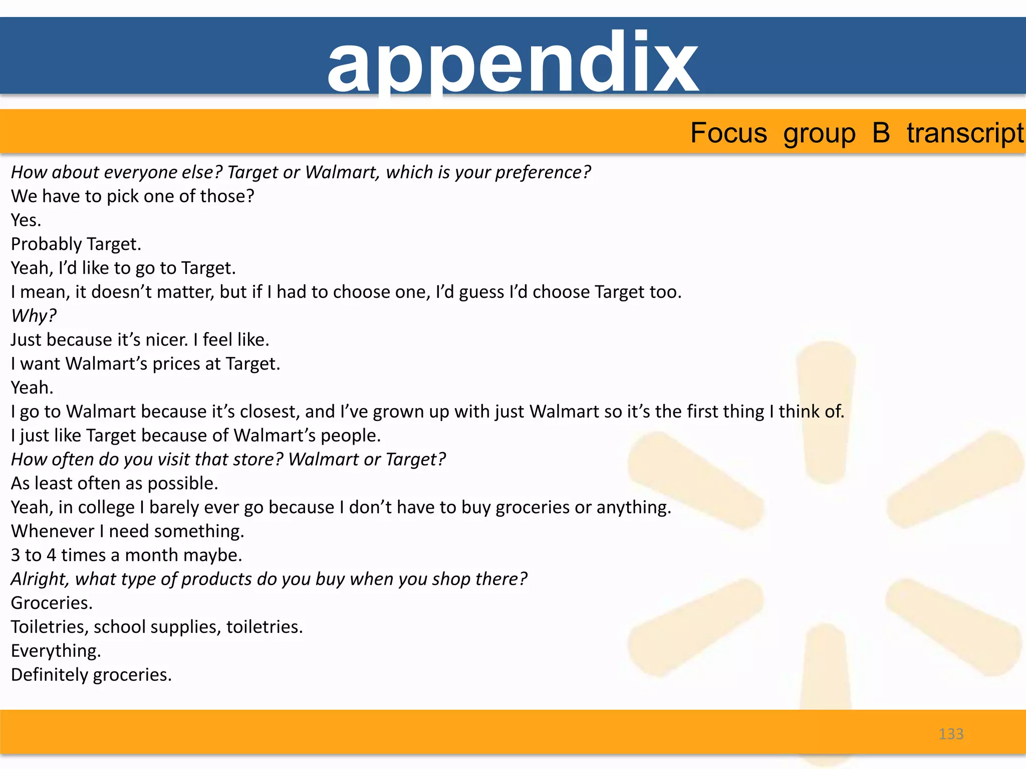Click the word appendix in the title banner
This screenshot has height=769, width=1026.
coord(512,63)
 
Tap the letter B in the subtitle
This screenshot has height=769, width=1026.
coord(881,133)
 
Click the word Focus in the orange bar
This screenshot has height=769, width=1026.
coord(728,133)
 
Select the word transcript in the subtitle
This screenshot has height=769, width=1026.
coord(965,133)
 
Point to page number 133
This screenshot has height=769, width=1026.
coord(951,734)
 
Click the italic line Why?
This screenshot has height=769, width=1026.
coord(34,316)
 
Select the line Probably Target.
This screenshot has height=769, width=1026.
coord(76,244)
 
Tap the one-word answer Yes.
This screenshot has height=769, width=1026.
coord(26,220)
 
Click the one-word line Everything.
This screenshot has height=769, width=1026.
coord(56,651)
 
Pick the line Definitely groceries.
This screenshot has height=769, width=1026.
coord(91,675)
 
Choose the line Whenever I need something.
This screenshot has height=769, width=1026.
coord(128,531)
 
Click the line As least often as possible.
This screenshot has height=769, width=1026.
coord(115,484)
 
